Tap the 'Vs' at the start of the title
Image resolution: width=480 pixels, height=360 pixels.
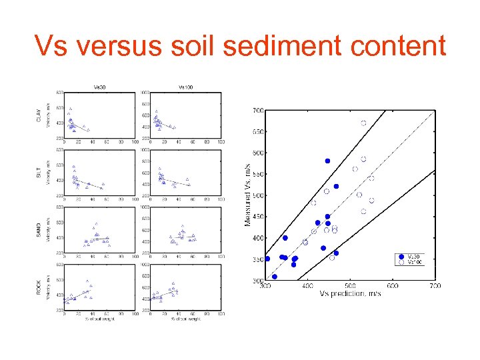52,47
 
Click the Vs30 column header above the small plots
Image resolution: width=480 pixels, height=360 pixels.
99,87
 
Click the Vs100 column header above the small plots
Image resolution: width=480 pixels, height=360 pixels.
186,87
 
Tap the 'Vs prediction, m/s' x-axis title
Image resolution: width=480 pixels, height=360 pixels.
349,294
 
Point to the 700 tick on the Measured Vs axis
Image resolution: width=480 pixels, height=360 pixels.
257,110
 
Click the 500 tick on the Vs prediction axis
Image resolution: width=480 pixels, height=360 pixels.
349,286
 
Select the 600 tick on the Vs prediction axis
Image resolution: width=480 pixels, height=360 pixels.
392,286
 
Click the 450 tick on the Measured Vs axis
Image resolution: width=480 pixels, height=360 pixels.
257,217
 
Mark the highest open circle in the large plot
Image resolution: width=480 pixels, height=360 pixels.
363,123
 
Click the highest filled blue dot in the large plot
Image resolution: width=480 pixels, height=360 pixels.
327,161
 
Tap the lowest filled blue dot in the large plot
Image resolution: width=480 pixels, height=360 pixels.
274,277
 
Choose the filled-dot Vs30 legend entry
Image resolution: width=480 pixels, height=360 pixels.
409,257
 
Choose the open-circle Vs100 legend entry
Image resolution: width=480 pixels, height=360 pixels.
409,263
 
